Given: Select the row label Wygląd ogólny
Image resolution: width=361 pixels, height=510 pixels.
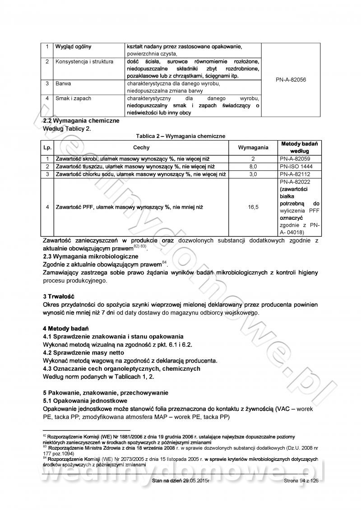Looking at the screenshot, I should pos(73,47).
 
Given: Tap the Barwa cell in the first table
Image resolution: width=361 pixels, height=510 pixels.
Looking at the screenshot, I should pos(64,84).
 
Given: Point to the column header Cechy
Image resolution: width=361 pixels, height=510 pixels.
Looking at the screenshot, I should pos(141,147).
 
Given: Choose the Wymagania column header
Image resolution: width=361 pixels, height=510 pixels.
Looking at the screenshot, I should pos(253,147).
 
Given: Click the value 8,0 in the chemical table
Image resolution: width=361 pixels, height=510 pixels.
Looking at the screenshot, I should pos(253,167).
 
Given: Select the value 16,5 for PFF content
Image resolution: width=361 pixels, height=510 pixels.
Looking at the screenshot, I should pos(253,207).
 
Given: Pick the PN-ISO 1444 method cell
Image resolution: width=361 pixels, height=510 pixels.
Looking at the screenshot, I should pos(294,167).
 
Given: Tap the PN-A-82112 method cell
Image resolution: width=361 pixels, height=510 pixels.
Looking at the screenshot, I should pos(294,174).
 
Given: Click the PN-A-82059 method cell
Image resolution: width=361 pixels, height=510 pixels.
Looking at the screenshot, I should pos(294,159).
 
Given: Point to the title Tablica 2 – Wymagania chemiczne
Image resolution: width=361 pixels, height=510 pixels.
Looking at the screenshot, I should pos(180,136).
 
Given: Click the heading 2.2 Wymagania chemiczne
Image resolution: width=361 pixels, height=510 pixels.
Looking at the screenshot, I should pos(81,121).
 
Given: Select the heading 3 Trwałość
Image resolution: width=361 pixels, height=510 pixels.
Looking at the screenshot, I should pos(58,297).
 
